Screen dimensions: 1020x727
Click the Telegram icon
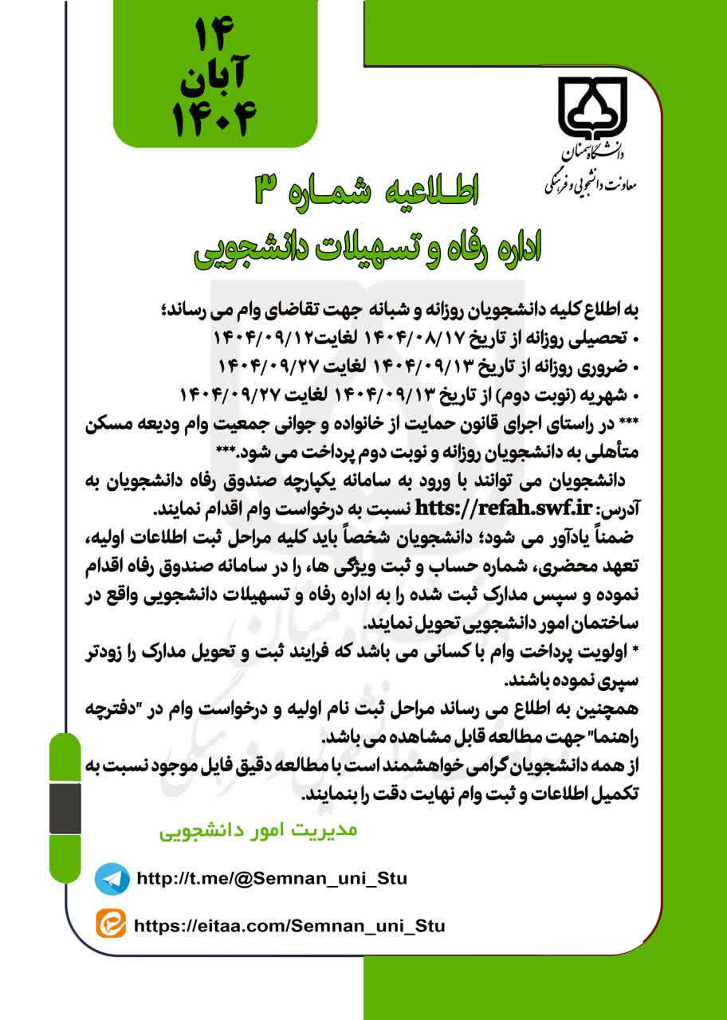click(112, 879)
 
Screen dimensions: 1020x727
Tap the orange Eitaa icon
click(112, 925)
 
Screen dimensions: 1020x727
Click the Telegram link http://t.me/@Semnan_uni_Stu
click(272, 879)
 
